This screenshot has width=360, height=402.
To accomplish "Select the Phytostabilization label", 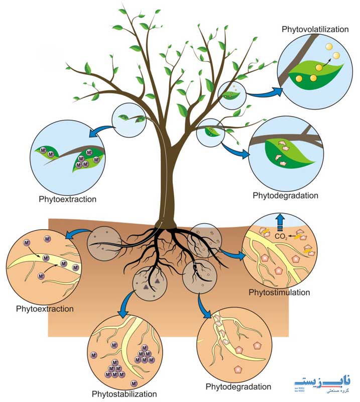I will pos(124,393).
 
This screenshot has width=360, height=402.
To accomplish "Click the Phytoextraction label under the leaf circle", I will pos(68,199).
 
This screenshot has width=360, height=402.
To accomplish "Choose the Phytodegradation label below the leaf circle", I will pos(286,195).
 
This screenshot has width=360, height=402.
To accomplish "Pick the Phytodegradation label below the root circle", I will pos(238,386).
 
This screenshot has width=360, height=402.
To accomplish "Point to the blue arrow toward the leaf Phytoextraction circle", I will pos(102,131).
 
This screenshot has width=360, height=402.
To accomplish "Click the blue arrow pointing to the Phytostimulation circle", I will pos(233,253).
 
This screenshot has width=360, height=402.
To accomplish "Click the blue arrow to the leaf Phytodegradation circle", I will pos(235,150).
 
